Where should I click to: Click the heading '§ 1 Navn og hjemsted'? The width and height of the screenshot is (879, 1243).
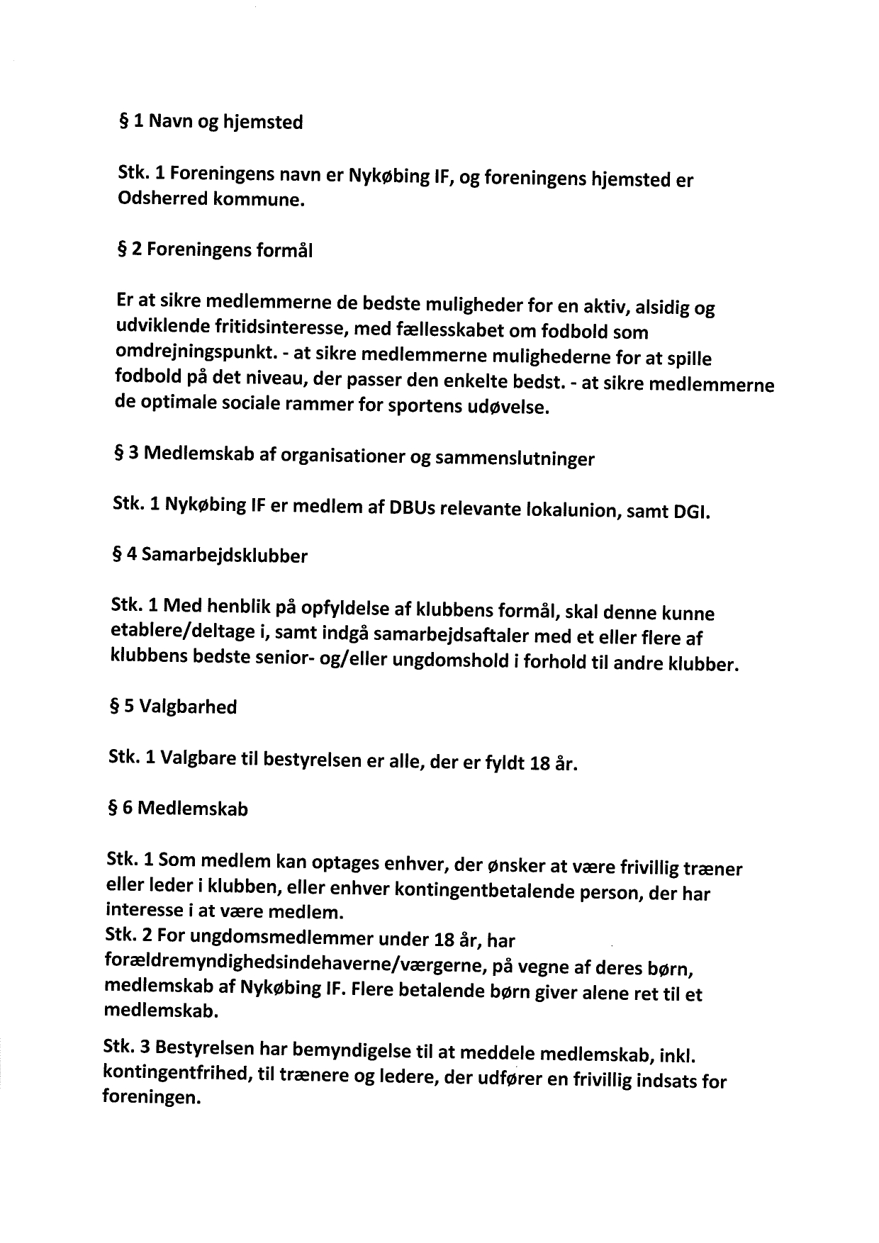211,122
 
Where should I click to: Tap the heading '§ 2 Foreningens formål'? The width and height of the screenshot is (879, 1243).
214,250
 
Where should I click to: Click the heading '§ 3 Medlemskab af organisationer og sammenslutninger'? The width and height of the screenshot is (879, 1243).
354,456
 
